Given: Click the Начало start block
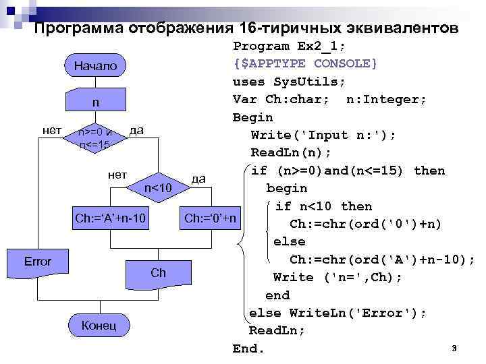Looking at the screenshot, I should (x=95, y=66).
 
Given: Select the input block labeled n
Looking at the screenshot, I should (x=95, y=102).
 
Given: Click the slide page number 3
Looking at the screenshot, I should (x=454, y=348).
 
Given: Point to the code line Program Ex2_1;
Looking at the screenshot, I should (x=288, y=46).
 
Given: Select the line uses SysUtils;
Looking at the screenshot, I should (x=289, y=82).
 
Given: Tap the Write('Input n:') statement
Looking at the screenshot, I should (x=323, y=135).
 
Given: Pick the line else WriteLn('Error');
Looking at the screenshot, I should (x=337, y=313).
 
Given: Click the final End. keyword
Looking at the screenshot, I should (x=249, y=348).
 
